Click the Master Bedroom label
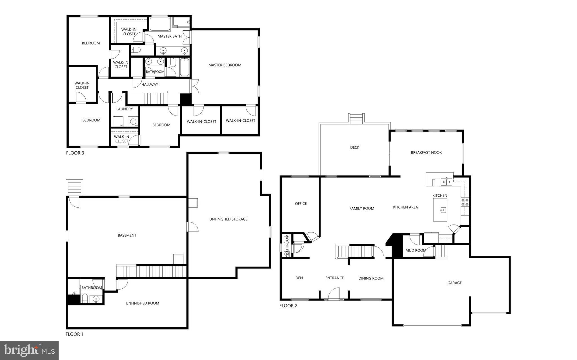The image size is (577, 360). [225, 65]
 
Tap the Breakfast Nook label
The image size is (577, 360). [426, 152]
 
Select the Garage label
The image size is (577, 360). [454, 283]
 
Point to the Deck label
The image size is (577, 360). [354, 147]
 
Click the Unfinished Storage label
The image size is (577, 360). [228, 219]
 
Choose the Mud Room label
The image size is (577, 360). [416, 250]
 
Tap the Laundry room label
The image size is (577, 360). [124, 109]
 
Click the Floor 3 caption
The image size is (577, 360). [75, 153]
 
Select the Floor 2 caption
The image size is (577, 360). [288, 306]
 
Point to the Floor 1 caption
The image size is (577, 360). [74, 334]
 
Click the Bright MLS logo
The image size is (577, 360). [29, 350]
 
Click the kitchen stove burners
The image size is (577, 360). [465, 202]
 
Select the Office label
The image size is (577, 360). [301, 203]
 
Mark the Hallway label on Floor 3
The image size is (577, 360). [150, 85]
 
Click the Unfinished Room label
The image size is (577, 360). [142, 303]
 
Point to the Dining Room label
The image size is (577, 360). [371, 278]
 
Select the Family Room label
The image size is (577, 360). [361, 208]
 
